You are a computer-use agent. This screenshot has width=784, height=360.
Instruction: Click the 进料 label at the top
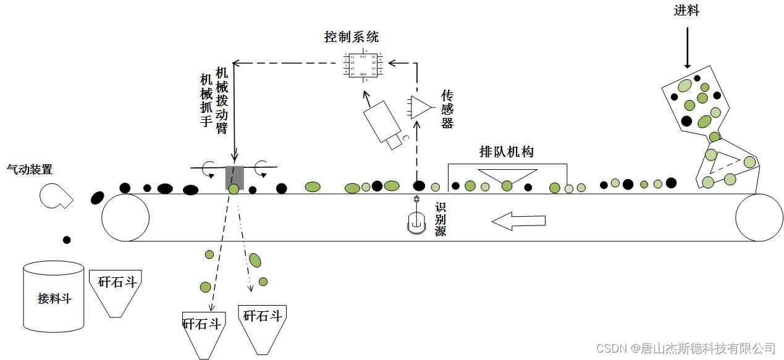point(686,10)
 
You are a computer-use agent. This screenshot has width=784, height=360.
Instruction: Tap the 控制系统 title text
point(351,36)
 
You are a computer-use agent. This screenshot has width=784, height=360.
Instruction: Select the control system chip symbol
point(363,65)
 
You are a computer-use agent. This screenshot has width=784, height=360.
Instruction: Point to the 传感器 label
point(447,109)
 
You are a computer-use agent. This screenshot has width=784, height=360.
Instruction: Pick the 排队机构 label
point(506,152)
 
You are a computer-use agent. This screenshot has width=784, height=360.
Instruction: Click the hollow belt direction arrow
point(519,220)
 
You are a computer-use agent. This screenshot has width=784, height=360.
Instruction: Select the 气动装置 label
point(29,169)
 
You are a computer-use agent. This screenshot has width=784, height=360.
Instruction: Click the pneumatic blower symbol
point(55,195)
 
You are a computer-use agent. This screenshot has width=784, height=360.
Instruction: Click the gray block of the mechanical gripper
point(235,177)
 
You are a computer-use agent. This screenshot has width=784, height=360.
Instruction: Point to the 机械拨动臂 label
point(222,101)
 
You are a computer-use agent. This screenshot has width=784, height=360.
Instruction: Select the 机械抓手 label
point(206,101)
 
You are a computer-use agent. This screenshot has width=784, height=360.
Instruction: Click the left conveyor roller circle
point(125,217)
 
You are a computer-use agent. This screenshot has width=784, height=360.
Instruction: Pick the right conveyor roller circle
point(759,217)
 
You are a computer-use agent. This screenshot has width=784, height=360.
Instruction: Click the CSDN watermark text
point(686,348)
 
